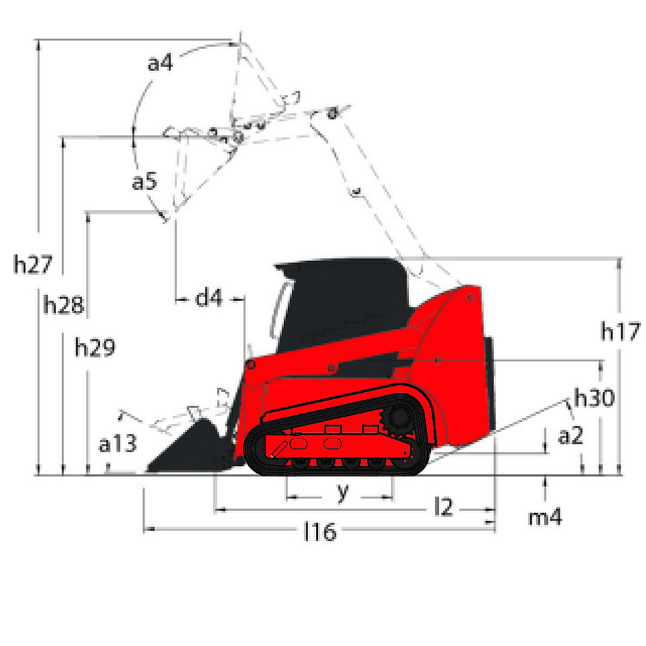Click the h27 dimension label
(x=33, y=264)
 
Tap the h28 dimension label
(x=63, y=305)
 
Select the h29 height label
(x=95, y=347)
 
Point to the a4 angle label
(x=160, y=63)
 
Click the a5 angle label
(x=145, y=181)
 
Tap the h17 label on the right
(x=620, y=331)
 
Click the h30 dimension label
(x=594, y=397)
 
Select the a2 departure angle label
(x=570, y=435)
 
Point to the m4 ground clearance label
(x=545, y=517)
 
